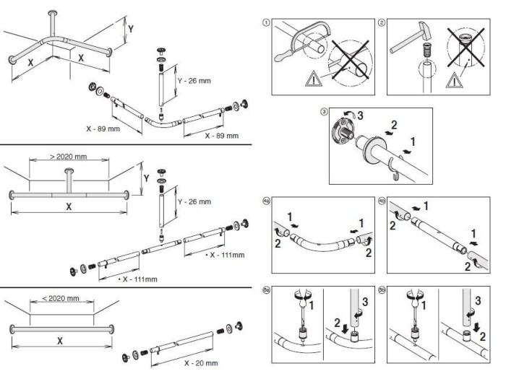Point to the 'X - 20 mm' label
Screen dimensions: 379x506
coord(201,363)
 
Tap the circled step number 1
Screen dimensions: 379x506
coord(267,23)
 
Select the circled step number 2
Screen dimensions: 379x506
coord(382,23)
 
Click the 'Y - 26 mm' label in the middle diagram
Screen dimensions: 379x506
coord(194,201)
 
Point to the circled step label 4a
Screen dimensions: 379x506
coord(267,200)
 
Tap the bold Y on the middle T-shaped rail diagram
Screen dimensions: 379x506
coord(146,175)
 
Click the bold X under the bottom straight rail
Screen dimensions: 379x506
coord(60,339)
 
